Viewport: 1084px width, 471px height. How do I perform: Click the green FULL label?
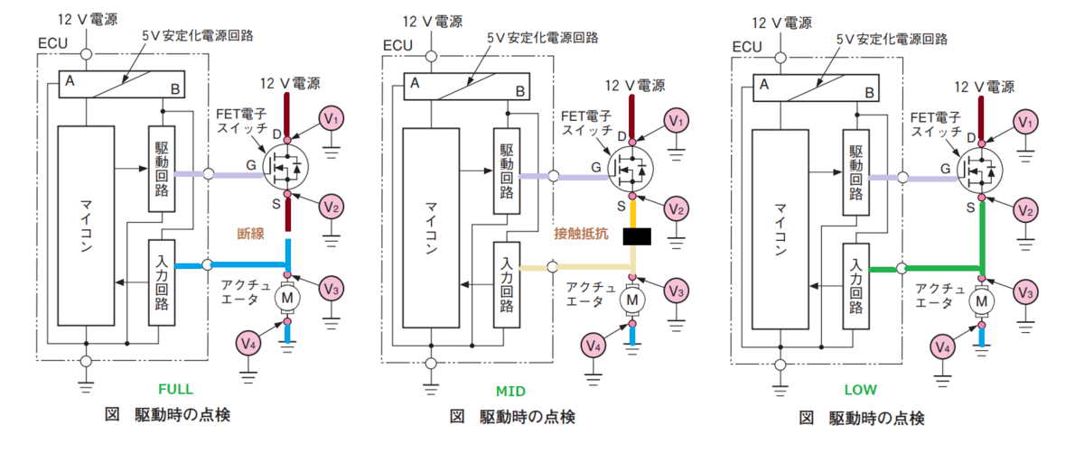[175, 389]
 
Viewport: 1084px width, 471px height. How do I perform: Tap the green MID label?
[510, 391]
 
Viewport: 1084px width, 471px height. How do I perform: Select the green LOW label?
[860, 390]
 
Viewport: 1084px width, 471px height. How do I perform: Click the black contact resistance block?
[637, 236]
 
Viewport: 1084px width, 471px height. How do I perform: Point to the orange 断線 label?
[251, 234]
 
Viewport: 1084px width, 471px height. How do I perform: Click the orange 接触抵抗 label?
[581, 234]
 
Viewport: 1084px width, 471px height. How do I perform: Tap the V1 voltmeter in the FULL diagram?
[331, 119]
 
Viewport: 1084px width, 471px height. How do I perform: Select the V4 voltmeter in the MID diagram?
[593, 346]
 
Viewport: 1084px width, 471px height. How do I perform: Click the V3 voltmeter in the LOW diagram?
[1025, 292]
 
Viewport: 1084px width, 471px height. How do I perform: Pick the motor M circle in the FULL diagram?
[287, 298]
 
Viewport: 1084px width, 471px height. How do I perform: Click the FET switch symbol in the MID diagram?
[631, 170]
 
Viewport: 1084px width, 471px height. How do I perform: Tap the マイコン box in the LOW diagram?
[780, 229]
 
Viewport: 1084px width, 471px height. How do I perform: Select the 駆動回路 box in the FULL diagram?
[162, 169]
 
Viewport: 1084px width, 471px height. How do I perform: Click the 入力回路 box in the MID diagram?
[507, 285]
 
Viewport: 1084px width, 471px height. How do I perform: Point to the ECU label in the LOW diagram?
[747, 47]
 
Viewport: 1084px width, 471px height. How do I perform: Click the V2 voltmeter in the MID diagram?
[676, 209]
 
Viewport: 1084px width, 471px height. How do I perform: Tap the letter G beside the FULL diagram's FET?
[251, 165]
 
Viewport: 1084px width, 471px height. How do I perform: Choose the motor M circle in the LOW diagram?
[981, 301]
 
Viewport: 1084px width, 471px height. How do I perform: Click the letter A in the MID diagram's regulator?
[415, 83]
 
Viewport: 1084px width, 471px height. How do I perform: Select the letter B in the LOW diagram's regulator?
[870, 93]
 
